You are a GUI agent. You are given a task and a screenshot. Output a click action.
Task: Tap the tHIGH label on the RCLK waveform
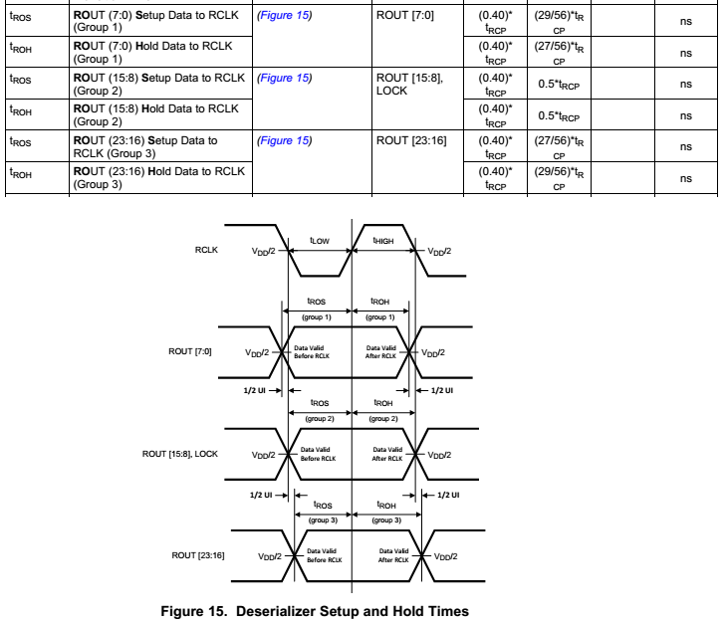tap(383, 239)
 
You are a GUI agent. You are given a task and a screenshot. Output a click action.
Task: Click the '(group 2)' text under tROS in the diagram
tap(321, 418)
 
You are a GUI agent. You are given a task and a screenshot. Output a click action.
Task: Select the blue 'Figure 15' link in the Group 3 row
tap(284, 140)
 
